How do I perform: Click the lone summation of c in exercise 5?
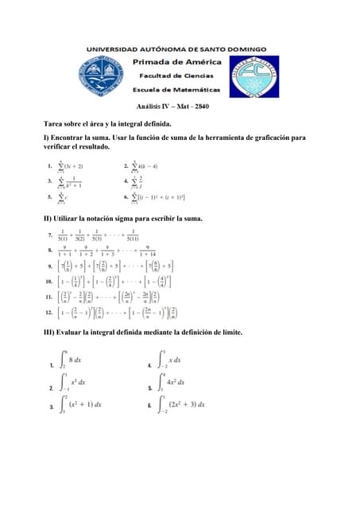tap(62, 196)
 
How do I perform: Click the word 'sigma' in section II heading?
tap(131, 218)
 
